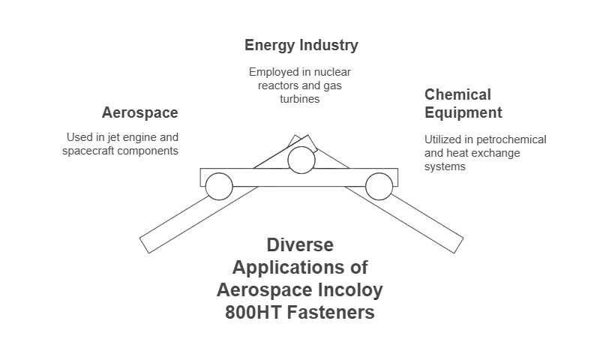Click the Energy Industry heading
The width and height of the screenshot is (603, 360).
301,45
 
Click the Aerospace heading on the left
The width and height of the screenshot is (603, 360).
140,112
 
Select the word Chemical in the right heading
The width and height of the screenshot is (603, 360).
457,94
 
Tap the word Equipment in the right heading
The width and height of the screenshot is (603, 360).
463,112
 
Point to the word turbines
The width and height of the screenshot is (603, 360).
299,99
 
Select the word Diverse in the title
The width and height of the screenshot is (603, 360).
300,245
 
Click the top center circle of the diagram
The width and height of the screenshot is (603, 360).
301,160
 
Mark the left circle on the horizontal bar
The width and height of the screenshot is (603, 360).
219,187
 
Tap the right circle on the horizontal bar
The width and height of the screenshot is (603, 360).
379,187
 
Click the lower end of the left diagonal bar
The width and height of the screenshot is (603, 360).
145,245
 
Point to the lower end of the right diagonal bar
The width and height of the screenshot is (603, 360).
459,245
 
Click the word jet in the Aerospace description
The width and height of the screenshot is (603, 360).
113,137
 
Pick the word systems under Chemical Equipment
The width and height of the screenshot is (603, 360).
445,166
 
